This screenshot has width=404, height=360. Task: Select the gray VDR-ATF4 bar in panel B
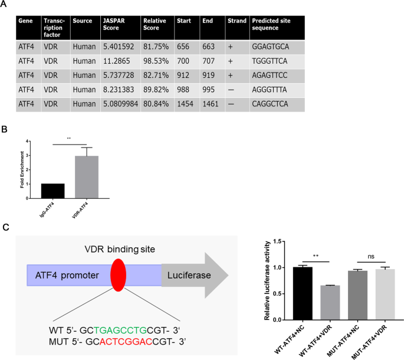click(87, 178)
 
